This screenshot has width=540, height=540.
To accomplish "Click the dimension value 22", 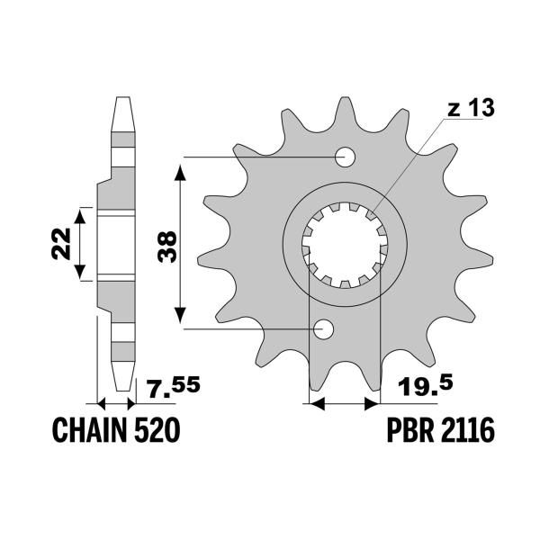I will click(58, 243).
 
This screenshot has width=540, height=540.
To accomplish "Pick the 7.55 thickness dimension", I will click(175, 390).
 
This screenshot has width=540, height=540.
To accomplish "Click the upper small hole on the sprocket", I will click(345, 157).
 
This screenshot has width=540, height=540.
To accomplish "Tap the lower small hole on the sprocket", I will click(323, 329).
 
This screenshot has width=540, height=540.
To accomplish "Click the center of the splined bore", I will click(346, 243).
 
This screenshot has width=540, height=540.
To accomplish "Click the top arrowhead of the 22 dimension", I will click(80, 214).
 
